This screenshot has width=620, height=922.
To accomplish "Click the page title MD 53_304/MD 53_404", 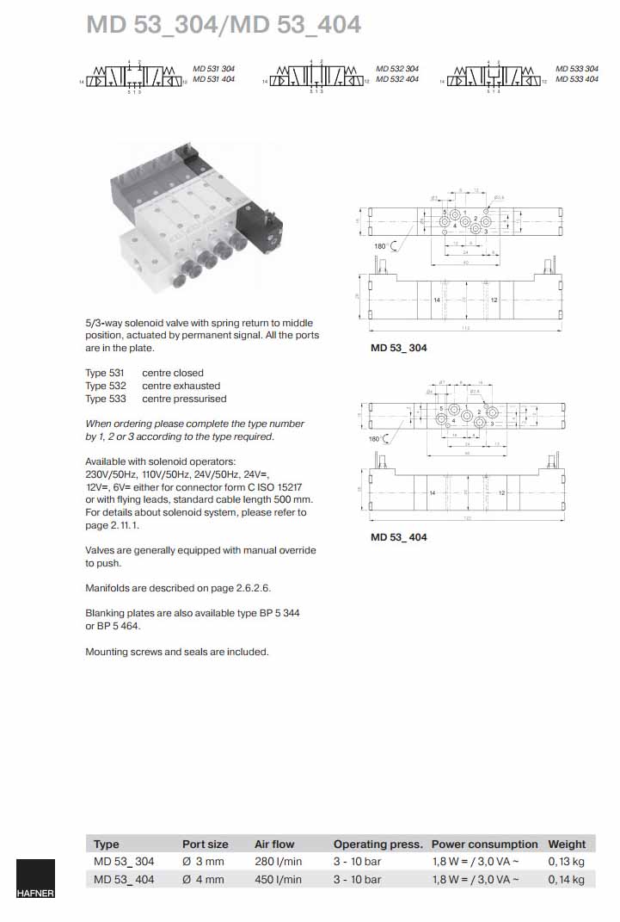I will pyautogui.click(x=224, y=25).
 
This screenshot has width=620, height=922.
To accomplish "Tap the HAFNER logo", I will pyautogui.click(x=35, y=879).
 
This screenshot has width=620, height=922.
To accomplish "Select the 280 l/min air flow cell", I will pyautogui.click(x=278, y=862).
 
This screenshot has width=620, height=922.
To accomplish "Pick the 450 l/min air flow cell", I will pyautogui.click(x=278, y=880).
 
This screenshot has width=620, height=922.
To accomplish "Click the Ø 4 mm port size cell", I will pyautogui.click(x=203, y=880).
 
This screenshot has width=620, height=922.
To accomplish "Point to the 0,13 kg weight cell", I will pyautogui.click(x=566, y=862).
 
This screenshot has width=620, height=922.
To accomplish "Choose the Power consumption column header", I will pyautogui.click(x=484, y=845).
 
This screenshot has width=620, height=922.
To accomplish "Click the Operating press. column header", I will pyautogui.click(x=378, y=845).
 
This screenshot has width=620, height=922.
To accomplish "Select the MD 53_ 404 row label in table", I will pyautogui.click(x=124, y=880).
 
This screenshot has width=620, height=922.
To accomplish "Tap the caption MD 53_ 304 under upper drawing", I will pyautogui.click(x=398, y=349).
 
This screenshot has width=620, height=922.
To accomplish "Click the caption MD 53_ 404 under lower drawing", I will pyautogui.click(x=398, y=537).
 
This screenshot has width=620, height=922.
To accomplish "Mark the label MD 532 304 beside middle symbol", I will pyautogui.click(x=397, y=68).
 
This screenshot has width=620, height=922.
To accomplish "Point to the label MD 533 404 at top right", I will pyautogui.click(x=577, y=79).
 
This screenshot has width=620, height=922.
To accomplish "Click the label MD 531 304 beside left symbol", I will pyautogui.click(x=213, y=68).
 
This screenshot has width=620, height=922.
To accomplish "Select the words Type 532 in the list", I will pyautogui.click(x=105, y=386).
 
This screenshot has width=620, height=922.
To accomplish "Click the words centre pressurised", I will pyautogui.click(x=184, y=399).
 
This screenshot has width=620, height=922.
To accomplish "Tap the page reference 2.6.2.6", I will pyautogui.click(x=247, y=588).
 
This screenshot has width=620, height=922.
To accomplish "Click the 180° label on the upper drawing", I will pyautogui.click(x=380, y=247).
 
